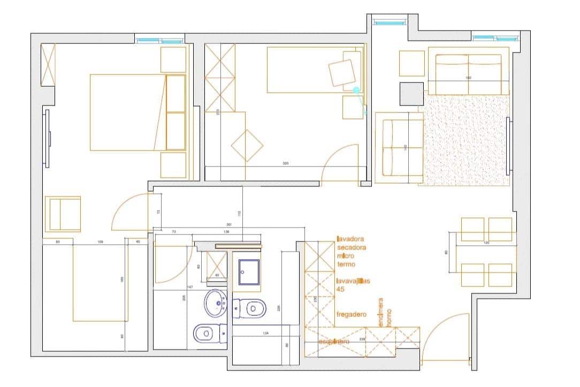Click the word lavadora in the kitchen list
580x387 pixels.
point(350,239)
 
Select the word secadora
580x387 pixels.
point(352,248)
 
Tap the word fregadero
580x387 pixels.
point(352,315)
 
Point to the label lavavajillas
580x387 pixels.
point(354,281)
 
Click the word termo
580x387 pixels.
point(346,264)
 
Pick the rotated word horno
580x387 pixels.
point(389,312)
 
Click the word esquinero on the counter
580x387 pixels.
point(334,342)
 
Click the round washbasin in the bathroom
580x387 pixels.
point(216,303)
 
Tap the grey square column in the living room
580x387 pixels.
point(411,94)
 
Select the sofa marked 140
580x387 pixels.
point(400,147)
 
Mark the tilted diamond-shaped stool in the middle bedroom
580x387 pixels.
point(247,146)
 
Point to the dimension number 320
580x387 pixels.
point(285,163)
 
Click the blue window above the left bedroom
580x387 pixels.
point(159,41)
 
